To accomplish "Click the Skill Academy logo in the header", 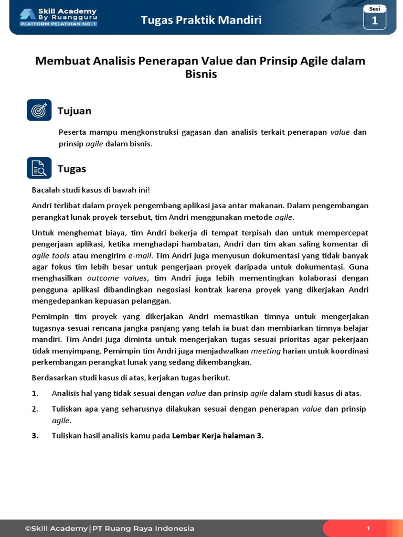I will coord(58,17).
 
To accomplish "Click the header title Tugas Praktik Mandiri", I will coord(201,20).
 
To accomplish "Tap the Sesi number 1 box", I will coord(374,20).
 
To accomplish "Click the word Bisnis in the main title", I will coord(201,74).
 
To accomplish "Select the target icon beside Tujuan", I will coord(39,110).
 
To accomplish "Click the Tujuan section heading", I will coord(74,111).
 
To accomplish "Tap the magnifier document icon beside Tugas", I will coord(39,168).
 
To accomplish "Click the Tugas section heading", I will coord(71,168).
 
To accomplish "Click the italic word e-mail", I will coord(140,255).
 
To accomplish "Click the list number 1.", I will coord(35,393).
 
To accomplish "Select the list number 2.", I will coord(35,409).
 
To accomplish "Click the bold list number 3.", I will coord(35,435).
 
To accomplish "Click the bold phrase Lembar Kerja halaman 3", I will coord(217,435).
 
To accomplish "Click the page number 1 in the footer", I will coord(369,529).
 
